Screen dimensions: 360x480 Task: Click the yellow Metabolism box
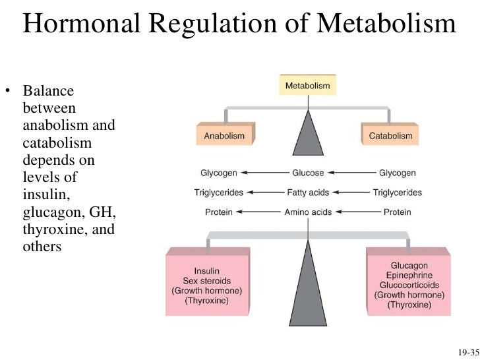tap(307, 86)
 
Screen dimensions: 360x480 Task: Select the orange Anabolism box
tap(224, 136)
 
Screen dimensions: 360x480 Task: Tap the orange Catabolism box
tap(391, 136)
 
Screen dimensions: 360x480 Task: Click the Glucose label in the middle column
tap(308, 173)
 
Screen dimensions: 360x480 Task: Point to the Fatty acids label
tap(308, 193)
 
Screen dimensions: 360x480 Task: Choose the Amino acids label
tap(308, 212)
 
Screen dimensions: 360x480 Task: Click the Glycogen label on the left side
tap(219, 173)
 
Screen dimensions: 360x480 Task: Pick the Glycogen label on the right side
tap(397, 173)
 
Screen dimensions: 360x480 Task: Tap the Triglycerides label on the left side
tap(219, 193)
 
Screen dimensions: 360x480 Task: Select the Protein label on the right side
tap(397, 212)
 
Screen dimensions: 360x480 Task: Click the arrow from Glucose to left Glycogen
tap(264, 173)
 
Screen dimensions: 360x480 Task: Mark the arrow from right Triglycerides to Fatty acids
tap(349, 193)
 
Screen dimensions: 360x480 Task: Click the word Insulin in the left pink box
tap(206, 271)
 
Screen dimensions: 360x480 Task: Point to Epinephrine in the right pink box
tap(408, 276)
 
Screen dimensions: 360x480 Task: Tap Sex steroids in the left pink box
tap(206, 281)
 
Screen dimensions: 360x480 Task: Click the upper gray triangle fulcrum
tap(308, 135)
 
